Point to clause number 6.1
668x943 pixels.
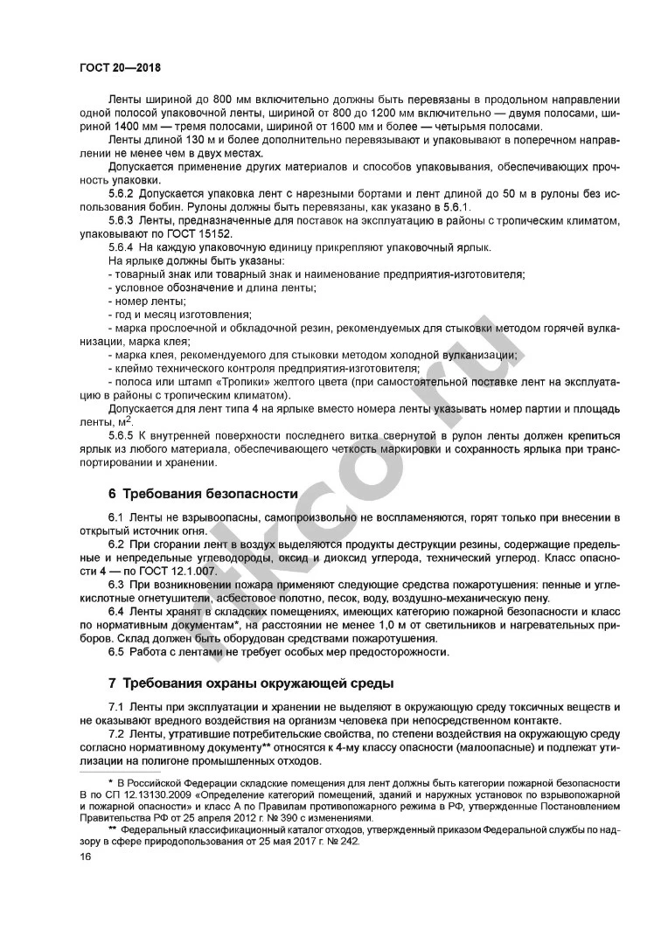116,518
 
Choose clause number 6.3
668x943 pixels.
116,583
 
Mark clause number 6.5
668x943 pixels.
116,650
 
